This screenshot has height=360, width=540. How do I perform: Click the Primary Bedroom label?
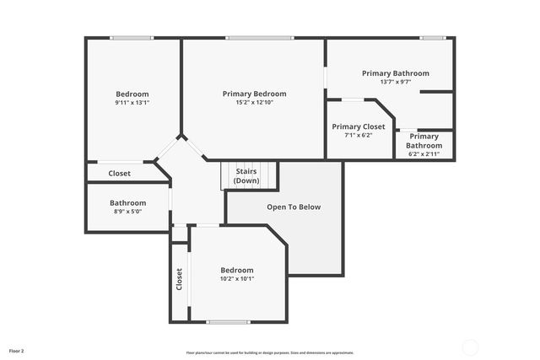point(254,94)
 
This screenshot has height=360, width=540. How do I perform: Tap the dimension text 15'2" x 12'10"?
point(254,102)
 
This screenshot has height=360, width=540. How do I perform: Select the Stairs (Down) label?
point(246,176)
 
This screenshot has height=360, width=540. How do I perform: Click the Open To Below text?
point(294,207)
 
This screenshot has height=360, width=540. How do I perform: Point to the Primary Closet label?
point(358,126)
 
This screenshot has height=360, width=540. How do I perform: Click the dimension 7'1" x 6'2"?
point(358,135)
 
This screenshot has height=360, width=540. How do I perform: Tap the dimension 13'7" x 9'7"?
point(395,82)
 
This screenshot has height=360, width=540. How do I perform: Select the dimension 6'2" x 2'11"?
point(424,153)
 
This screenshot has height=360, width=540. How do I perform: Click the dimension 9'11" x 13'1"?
point(132,102)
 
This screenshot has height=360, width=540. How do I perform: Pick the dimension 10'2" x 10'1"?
point(237,278)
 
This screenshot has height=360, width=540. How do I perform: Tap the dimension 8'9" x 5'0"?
point(127,211)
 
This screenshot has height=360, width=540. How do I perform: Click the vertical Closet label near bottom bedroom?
point(179,279)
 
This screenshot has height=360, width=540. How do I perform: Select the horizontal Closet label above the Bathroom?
point(119,174)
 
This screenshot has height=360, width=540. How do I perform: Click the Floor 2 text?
point(17,350)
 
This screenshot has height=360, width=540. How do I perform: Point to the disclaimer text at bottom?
point(269,352)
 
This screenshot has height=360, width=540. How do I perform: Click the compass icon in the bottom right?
point(470,347)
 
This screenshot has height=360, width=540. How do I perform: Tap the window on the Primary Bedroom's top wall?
point(259,37)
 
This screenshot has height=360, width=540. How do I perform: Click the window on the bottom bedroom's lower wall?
point(228,322)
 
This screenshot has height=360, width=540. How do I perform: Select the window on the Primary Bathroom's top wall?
point(434,37)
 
